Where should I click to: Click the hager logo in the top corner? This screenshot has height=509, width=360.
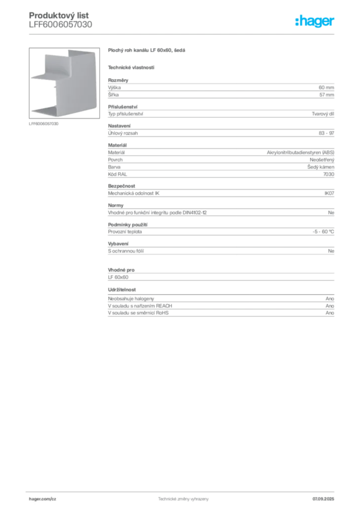pyautogui.click(x=314, y=21)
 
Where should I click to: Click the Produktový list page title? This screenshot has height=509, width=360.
pyautogui.click(x=59, y=15)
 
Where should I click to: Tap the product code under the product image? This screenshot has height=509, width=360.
pyautogui.click(x=43, y=124)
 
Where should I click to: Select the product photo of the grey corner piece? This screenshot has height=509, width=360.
pyautogui.click(x=64, y=83)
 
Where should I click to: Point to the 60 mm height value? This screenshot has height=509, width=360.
pyautogui.click(x=326, y=87)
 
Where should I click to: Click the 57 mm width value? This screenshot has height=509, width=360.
pyautogui.click(x=327, y=95)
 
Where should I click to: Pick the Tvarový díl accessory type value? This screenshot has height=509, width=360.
pyautogui.click(x=323, y=114)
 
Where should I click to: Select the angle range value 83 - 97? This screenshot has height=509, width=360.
pyautogui.click(x=326, y=133)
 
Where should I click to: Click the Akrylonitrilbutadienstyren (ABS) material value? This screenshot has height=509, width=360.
pyautogui.click(x=300, y=152)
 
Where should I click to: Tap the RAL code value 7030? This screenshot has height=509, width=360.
pyautogui.click(x=329, y=174)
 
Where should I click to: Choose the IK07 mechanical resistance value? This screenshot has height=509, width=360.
pyautogui.click(x=329, y=193)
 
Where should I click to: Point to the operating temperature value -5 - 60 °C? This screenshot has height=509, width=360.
pyautogui.click(x=323, y=232)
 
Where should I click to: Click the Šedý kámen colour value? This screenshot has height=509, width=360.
pyautogui.click(x=321, y=167)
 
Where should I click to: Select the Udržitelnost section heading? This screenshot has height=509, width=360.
pyautogui.click(x=122, y=290)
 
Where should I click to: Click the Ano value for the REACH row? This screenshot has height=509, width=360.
pyautogui.click(x=330, y=306)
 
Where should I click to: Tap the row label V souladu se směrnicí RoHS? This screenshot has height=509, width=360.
pyautogui.click(x=138, y=313)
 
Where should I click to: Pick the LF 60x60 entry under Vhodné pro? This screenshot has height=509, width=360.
pyautogui.click(x=118, y=277)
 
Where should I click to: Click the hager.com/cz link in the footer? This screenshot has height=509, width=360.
pyautogui.click(x=43, y=499)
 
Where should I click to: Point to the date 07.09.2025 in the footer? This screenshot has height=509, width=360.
pyautogui.click(x=323, y=499)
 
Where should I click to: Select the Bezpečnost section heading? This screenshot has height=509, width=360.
pyautogui.click(x=121, y=186)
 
